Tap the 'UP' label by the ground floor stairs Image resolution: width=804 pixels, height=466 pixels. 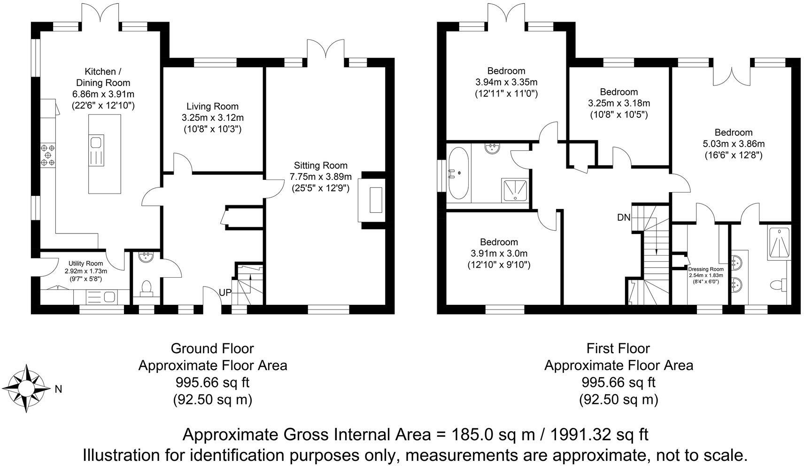pos(225,293)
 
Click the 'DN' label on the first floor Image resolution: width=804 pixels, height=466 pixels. pos(624,217)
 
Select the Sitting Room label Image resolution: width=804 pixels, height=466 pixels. pos(321,165)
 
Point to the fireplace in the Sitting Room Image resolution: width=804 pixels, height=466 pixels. pos(375,201)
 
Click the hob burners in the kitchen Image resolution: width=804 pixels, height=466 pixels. pos(48,155)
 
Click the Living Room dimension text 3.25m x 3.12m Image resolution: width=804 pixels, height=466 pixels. pos(213,117)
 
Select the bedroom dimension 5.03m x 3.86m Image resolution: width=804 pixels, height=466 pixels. pos(734,144)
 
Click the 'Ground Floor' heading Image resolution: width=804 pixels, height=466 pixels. pos(212,349)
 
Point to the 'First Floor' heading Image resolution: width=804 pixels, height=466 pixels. pos(618,349)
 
